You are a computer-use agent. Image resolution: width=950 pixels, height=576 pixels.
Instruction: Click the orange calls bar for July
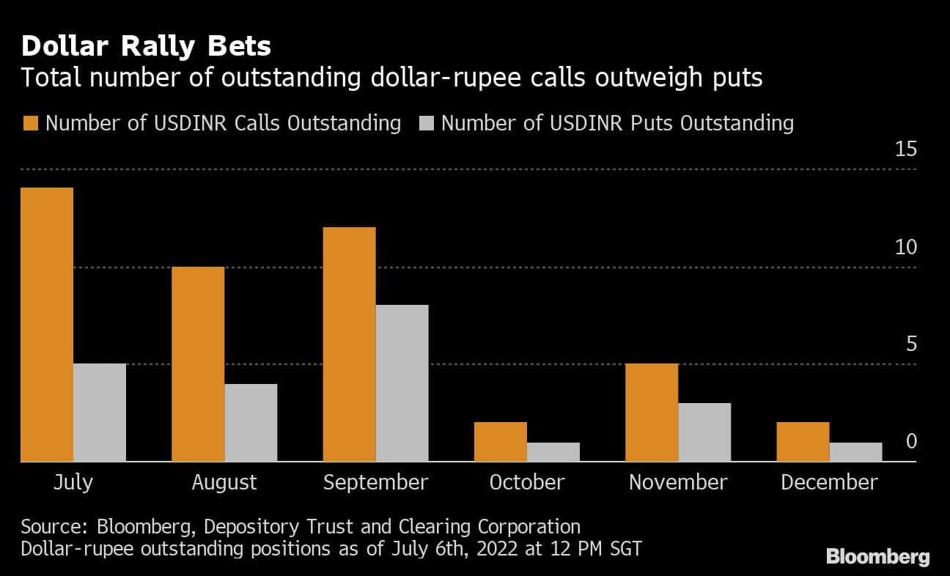point(47,325)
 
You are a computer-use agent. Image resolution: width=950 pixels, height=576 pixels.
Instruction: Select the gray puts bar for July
point(100,413)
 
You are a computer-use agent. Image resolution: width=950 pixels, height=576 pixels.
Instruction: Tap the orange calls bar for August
point(198,364)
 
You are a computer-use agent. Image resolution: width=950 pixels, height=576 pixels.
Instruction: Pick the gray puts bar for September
point(402,383)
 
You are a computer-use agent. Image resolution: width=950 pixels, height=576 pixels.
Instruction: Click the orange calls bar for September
point(349,344)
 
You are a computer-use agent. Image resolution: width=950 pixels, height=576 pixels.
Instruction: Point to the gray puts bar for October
point(553,451)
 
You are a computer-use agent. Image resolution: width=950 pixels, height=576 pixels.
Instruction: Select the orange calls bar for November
point(652,413)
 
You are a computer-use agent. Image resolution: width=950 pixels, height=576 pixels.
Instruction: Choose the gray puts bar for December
point(855,451)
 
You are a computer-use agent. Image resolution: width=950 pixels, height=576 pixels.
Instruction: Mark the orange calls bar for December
point(803,442)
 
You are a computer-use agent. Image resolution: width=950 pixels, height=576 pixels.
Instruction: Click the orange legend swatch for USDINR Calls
point(29,123)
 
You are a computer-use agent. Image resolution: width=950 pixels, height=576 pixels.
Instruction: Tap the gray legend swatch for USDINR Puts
point(427,123)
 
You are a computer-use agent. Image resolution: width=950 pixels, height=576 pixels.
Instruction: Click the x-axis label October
point(526,482)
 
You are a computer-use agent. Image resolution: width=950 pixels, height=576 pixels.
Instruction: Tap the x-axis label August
point(224,482)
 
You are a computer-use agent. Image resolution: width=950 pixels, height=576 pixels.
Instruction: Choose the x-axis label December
point(828,482)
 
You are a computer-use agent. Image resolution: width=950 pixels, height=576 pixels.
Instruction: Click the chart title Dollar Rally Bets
point(146,46)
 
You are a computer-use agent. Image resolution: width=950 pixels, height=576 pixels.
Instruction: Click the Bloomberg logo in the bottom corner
point(877,557)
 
